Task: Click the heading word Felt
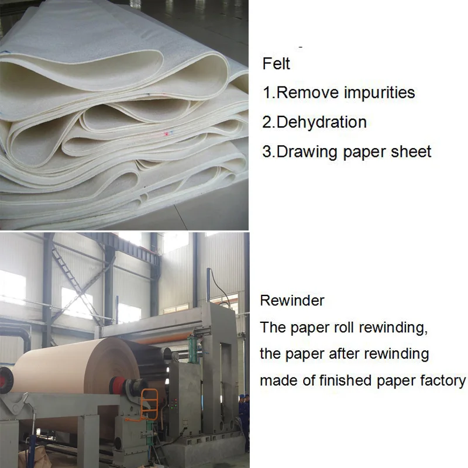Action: tap(276, 63)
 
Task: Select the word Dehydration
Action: tap(321, 122)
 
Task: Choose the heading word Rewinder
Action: tap(292, 301)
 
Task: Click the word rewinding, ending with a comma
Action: tap(393, 328)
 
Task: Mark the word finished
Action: tap(344, 381)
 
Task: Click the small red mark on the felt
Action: tap(167, 134)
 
